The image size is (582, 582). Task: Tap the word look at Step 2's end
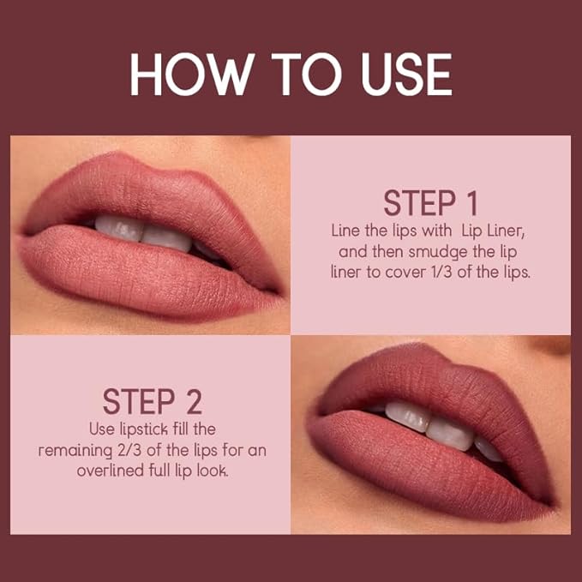[213, 471]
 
